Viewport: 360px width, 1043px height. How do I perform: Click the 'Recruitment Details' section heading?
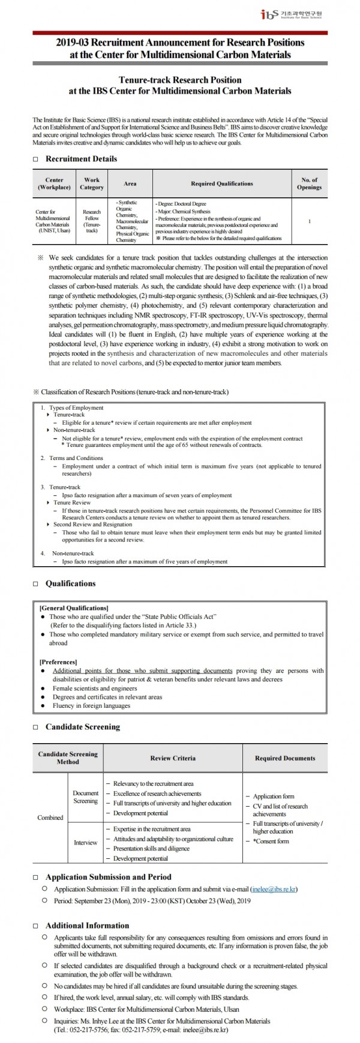click(x=81, y=159)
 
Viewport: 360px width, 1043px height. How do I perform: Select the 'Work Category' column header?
click(x=92, y=184)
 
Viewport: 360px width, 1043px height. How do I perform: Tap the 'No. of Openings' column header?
click(x=309, y=184)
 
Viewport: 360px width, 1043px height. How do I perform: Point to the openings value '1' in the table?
click(x=309, y=221)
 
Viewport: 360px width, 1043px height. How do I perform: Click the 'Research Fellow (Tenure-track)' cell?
click(x=92, y=221)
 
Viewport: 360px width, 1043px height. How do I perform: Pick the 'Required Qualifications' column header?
click(x=221, y=184)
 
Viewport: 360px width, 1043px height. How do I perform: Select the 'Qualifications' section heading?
click(x=70, y=584)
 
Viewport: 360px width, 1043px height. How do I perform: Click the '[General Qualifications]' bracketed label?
click(x=74, y=608)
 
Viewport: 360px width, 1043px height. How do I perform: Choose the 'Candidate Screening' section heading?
click(x=82, y=727)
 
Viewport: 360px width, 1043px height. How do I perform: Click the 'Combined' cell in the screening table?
click(x=50, y=817)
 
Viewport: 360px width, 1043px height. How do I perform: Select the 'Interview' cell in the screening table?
click(x=85, y=843)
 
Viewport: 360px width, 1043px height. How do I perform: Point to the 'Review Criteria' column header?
click(x=173, y=758)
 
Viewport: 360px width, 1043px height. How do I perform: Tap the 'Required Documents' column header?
click(x=284, y=758)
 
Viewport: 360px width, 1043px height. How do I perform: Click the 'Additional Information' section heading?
click(x=87, y=925)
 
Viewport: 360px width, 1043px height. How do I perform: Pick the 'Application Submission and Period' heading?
click(x=108, y=877)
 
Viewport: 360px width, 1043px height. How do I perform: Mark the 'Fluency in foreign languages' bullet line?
click(x=91, y=706)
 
